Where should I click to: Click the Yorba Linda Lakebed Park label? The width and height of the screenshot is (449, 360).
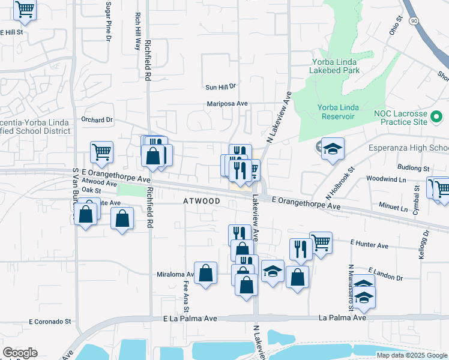[x=335, y=65]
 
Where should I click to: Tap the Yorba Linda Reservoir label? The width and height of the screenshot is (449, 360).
[x=339, y=112]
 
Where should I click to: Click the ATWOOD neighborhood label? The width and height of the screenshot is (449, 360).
[x=202, y=202]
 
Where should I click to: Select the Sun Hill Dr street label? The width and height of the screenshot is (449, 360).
[x=221, y=87]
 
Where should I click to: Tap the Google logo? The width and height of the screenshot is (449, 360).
[x=20, y=353]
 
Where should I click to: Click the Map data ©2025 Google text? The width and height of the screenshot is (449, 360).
[x=412, y=355]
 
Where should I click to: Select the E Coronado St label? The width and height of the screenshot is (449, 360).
[x=50, y=322]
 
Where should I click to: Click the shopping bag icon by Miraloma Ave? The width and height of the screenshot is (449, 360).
[x=206, y=273]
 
